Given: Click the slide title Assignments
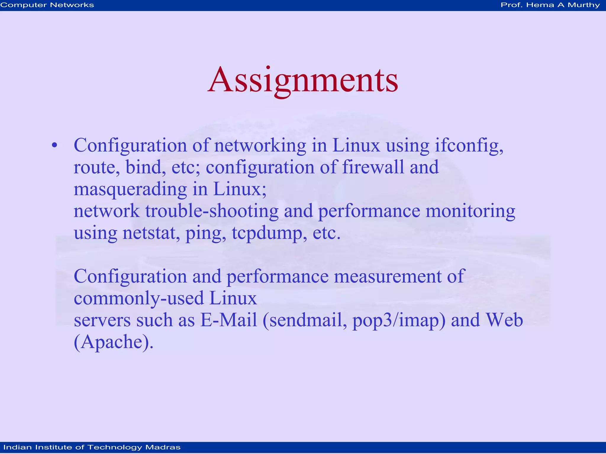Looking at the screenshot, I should [303, 80].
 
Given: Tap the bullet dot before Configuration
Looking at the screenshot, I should [54, 145].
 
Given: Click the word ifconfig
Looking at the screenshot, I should [469, 146].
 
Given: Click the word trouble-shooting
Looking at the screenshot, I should [212, 211].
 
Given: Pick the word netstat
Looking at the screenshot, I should [151, 233].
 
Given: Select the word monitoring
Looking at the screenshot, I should [470, 211].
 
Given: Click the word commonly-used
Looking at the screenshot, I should [139, 298].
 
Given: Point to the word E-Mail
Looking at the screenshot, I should [228, 320].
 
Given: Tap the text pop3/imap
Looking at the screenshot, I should [399, 320].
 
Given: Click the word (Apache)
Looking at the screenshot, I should [114, 342].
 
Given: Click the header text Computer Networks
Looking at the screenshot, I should [47, 5].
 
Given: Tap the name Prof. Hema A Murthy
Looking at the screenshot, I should [550, 5].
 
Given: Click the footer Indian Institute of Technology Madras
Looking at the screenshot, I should [92, 447].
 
